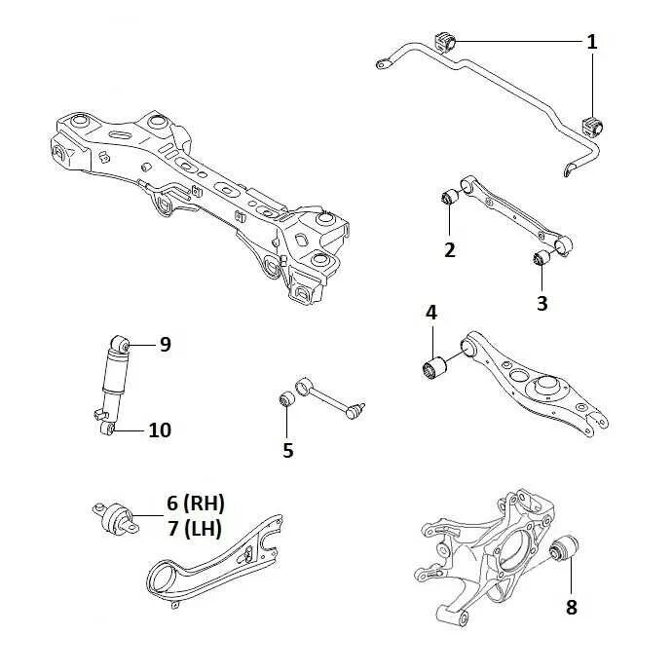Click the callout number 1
coord(592,42)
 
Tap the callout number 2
coord(449,249)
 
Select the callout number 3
coord(542,302)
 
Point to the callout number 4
coord(431,314)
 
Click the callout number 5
coord(287,450)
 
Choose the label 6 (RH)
coord(195,504)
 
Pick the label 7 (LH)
coord(195,529)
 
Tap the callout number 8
coord(571,607)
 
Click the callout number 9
coord(165,344)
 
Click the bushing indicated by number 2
coord(450,196)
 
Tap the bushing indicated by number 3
coord(544,257)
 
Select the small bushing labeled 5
coord(286,400)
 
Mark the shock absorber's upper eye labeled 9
coord(121,345)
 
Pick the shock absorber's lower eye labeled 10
coord(107,429)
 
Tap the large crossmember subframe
coord(195,185)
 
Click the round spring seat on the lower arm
coord(549,390)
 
